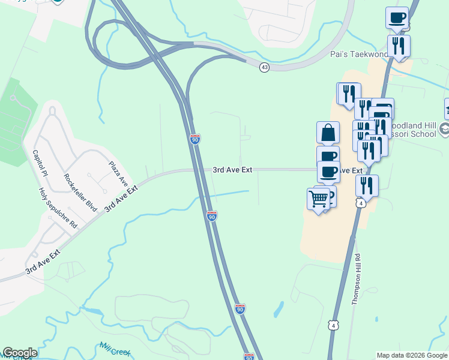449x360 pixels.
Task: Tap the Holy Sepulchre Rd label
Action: click(x=58, y=208)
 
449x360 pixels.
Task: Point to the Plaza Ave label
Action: click(x=119, y=173)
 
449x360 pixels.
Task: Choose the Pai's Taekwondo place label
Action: click(x=358, y=54)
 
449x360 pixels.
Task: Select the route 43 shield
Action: click(x=264, y=68)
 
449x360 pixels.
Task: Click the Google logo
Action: click(x=20, y=353)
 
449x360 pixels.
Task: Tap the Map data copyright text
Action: click(x=412, y=355)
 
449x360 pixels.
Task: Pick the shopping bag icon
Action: click(x=328, y=133)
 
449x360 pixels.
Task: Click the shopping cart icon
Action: click(x=319, y=199)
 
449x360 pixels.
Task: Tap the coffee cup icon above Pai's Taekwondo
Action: click(x=397, y=18)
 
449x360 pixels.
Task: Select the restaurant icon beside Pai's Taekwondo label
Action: click(x=399, y=46)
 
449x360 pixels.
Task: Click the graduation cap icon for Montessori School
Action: click(x=444, y=129)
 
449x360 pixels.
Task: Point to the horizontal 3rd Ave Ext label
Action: click(x=232, y=170)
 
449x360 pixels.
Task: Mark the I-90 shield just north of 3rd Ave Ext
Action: click(x=195, y=139)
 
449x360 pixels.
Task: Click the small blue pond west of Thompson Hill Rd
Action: click(x=279, y=309)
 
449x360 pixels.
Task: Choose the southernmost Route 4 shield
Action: click(x=333, y=325)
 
